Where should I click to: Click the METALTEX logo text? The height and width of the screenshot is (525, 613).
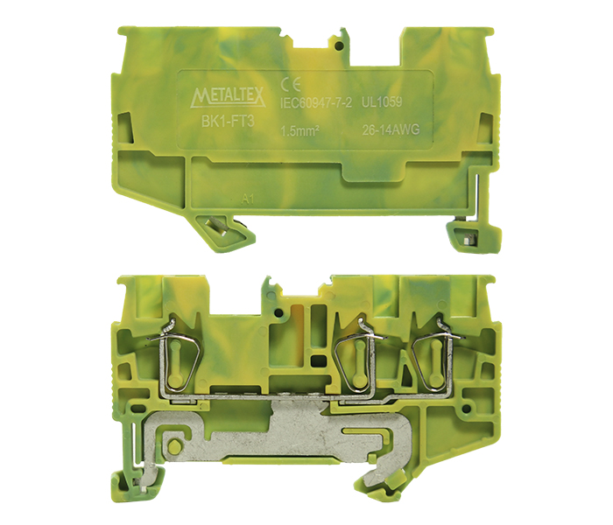[x=229, y=97]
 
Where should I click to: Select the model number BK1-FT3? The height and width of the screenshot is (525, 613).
[x=228, y=122]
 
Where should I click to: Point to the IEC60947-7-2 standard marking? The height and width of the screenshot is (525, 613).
[x=316, y=102]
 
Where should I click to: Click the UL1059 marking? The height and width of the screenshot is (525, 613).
[x=382, y=102]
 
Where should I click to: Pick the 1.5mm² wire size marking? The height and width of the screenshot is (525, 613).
[x=299, y=131]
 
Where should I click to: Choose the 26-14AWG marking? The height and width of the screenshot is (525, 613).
[x=391, y=129]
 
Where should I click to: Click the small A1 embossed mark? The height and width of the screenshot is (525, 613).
[x=248, y=199]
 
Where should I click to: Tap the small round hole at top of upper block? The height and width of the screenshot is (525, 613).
[x=340, y=46]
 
